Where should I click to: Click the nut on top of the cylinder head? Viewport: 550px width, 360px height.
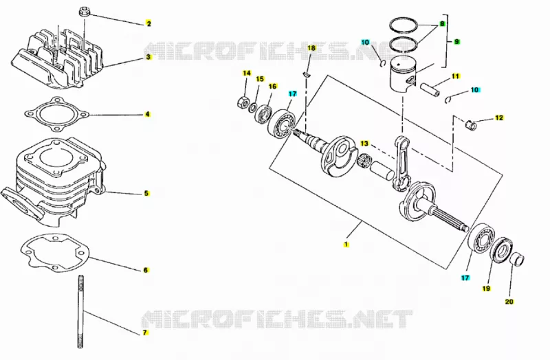pos(84,11)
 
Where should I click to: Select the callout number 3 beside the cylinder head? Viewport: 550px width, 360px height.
pos(148,57)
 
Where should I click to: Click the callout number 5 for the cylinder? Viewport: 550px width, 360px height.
pos(146,193)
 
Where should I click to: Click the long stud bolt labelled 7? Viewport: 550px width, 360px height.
pos(80,311)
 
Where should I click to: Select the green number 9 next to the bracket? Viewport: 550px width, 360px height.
pos(456,42)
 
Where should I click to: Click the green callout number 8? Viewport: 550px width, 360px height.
pos(442,24)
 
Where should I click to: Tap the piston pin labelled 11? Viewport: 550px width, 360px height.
pos(430,90)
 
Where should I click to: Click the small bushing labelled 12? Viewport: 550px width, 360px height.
pos(471,124)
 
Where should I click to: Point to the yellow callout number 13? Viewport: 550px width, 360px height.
pos(364,144)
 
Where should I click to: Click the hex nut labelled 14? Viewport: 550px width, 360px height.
pos(243,102)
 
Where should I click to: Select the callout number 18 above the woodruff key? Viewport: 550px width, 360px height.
pos(311,48)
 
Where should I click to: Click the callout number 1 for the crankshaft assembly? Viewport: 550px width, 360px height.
pos(346,244)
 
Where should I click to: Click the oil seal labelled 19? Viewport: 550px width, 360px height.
pos(500,249)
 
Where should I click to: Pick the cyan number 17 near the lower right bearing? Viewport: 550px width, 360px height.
pos(465,278)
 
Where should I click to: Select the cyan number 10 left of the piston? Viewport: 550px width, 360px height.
pos(365,43)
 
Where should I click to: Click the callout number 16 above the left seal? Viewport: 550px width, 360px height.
pos(272,87)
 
